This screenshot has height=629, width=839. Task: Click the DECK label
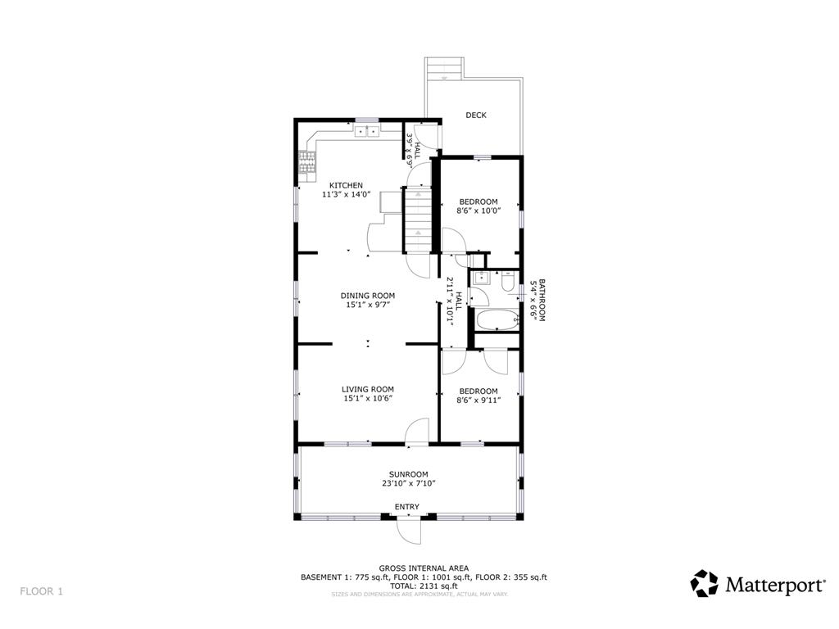[476, 115]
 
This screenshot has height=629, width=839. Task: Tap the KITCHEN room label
[346, 185]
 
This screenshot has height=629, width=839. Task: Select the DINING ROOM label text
[368, 296]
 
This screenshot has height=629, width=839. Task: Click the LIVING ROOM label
[368, 390]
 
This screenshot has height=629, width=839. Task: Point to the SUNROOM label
[408, 474]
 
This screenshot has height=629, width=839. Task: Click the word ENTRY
[407, 507]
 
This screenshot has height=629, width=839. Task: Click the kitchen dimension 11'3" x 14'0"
[346, 195]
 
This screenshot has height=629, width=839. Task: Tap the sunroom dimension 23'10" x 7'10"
[408, 483]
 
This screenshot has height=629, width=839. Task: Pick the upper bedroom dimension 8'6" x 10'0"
[478, 210]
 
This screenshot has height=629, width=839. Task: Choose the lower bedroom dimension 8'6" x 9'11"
[478, 400]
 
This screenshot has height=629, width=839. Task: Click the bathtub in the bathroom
[497, 320]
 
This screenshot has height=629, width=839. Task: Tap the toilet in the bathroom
[507, 282]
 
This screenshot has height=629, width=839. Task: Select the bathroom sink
[482, 278]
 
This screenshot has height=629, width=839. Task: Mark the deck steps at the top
[443, 69]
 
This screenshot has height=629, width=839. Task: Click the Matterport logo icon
[705, 583]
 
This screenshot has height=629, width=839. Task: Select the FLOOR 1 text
[41, 591]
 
